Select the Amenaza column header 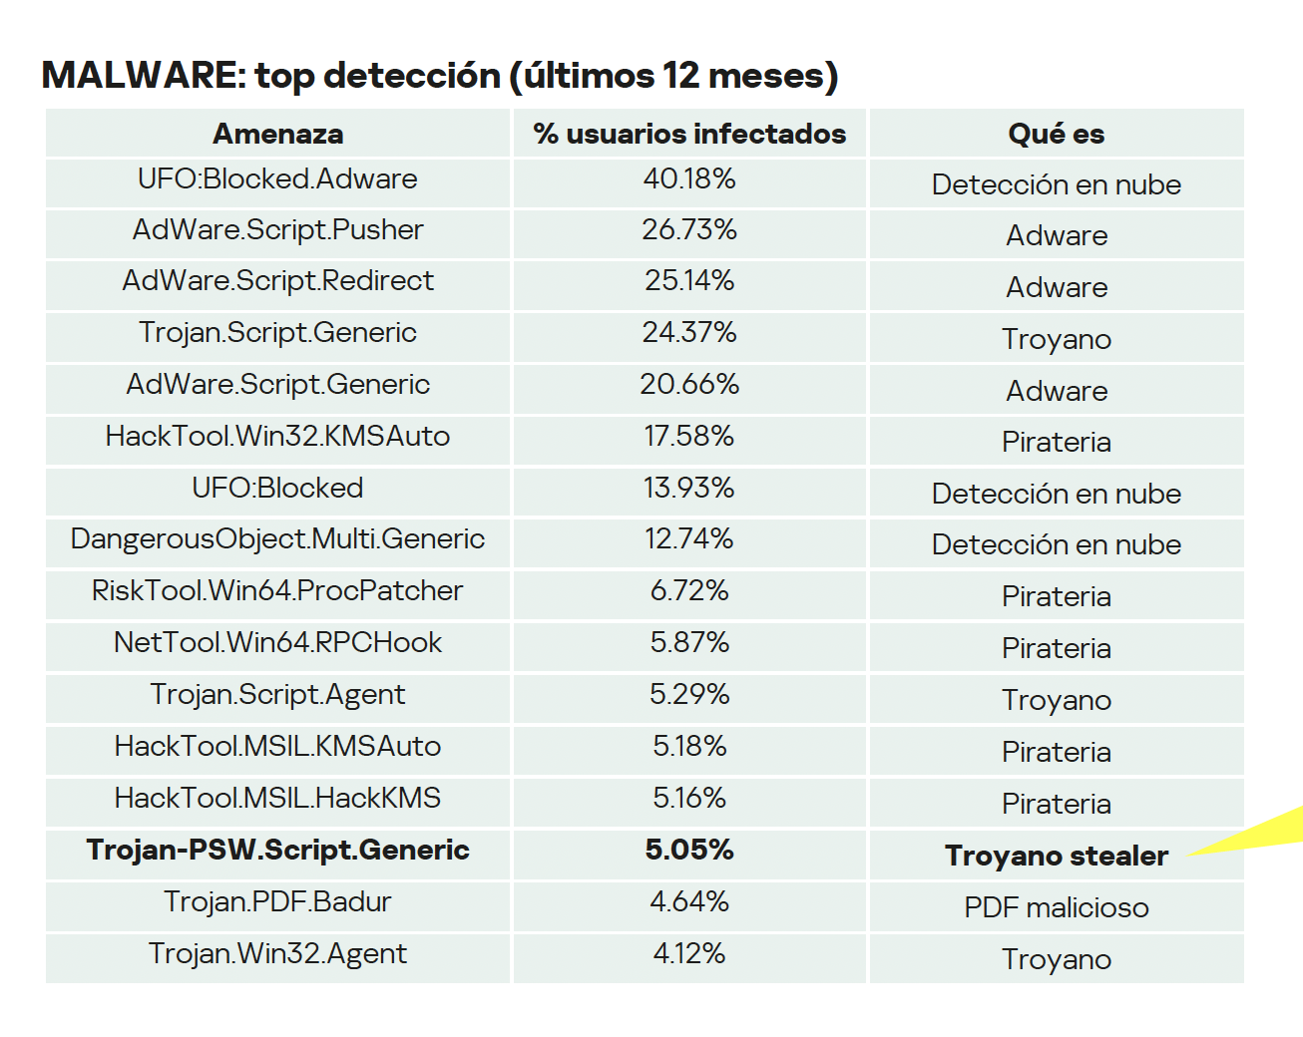pos(277,134)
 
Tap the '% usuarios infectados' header pos(689,134)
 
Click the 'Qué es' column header pos(1056,134)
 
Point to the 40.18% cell pos(689,179)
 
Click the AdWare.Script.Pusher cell pos(277,230)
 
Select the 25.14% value pos(689,281)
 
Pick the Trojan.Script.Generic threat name pos(277,333)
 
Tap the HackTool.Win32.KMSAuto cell pos(277,437)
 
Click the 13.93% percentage pos(689,489)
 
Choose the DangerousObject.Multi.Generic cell pos(277,539)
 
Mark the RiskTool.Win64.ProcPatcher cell pos(277,591)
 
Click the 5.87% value pos(689,643)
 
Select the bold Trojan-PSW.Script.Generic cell pos(277,851)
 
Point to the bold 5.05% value pos(689,851)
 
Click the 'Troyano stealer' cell pos(1056,856)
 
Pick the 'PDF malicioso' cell pos(1056,907)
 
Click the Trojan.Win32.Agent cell pos(277,954)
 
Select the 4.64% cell pos(689,902)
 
